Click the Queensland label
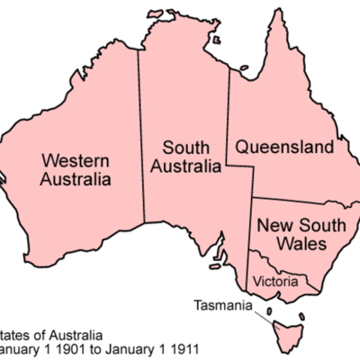(x=284, y=147)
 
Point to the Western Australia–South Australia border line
(x=139, y=135)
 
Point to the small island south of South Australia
(x=217, y=266)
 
